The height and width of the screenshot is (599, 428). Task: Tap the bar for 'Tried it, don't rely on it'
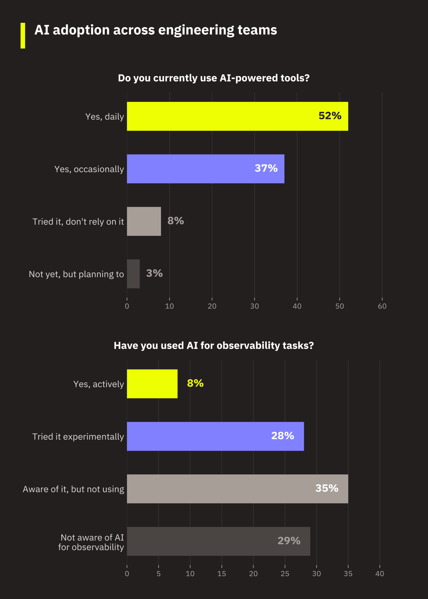tap(144, 221)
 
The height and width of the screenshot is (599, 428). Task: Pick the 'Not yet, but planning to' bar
tap(133, 274)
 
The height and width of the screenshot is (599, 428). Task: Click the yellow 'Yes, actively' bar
tap(152, 384)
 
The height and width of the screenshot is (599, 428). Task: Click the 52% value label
tap(330, 116)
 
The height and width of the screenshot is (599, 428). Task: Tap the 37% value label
tap(266, 168)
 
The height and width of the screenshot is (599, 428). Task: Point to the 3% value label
tap(154, 273)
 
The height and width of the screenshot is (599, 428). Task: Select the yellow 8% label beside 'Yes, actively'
tap(195, 383)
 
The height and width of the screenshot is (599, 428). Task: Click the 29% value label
tap(289, 541)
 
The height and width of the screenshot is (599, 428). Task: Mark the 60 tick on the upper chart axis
tap(382, 306)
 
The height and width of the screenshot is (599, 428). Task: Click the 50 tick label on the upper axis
tap(340, 306)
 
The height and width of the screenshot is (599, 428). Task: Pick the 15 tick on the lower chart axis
tap(222, 573)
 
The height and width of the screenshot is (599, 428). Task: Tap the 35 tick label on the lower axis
tap(348, 573)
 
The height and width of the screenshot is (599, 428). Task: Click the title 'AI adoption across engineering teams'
tap(156, 30)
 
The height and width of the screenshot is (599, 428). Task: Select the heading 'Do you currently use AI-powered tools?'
tap(214, 78)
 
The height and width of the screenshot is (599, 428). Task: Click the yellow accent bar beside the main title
tap(23, 36)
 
